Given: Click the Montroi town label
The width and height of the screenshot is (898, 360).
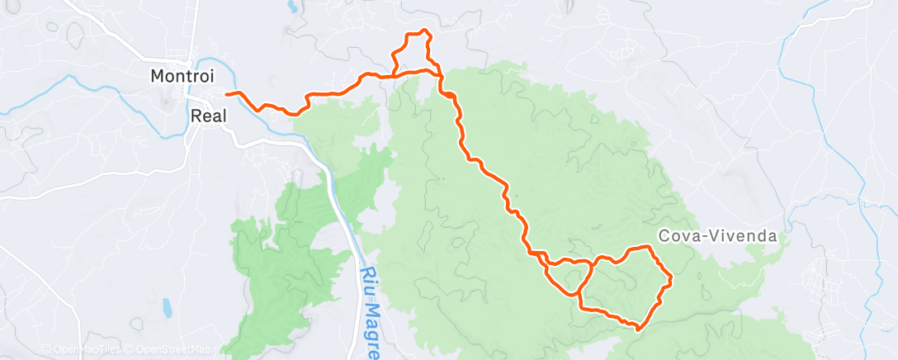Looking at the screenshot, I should [x=182, y=75].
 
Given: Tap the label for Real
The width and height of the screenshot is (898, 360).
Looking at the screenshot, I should [x=209, y=116].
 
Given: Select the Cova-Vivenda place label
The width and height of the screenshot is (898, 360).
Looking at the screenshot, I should [x=718, y=236].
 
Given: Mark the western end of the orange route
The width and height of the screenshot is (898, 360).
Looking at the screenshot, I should [x=226, y=94].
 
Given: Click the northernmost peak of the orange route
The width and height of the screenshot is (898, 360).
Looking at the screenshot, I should [x=423, y=31].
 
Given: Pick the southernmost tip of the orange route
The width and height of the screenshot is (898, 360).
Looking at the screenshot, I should [x=639, y=329].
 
